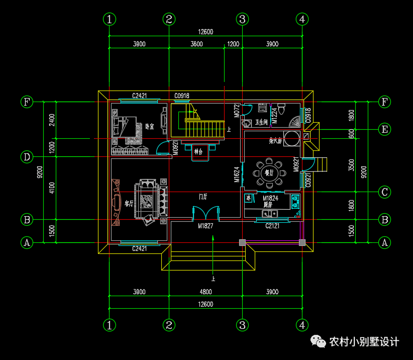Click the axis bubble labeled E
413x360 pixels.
pos(384,129)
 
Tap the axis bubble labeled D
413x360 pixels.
pos(27,157)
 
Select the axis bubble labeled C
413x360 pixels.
pos(384,192)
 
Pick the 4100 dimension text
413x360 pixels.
pos(52,189)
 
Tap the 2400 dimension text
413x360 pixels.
pos(52,120)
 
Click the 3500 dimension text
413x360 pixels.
pos(352,165)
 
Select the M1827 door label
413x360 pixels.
pos(205,226)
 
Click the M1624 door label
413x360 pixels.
pos(237,174)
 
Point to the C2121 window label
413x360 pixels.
pos(273,226)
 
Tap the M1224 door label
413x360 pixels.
pos(274,115)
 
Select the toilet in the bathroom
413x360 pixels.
pos(282,108)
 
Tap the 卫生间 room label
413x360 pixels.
pos(262,122)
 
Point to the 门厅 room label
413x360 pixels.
pos(203,196)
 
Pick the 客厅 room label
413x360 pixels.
pos(129,204)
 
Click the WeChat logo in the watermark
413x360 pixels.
pos(320,342)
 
